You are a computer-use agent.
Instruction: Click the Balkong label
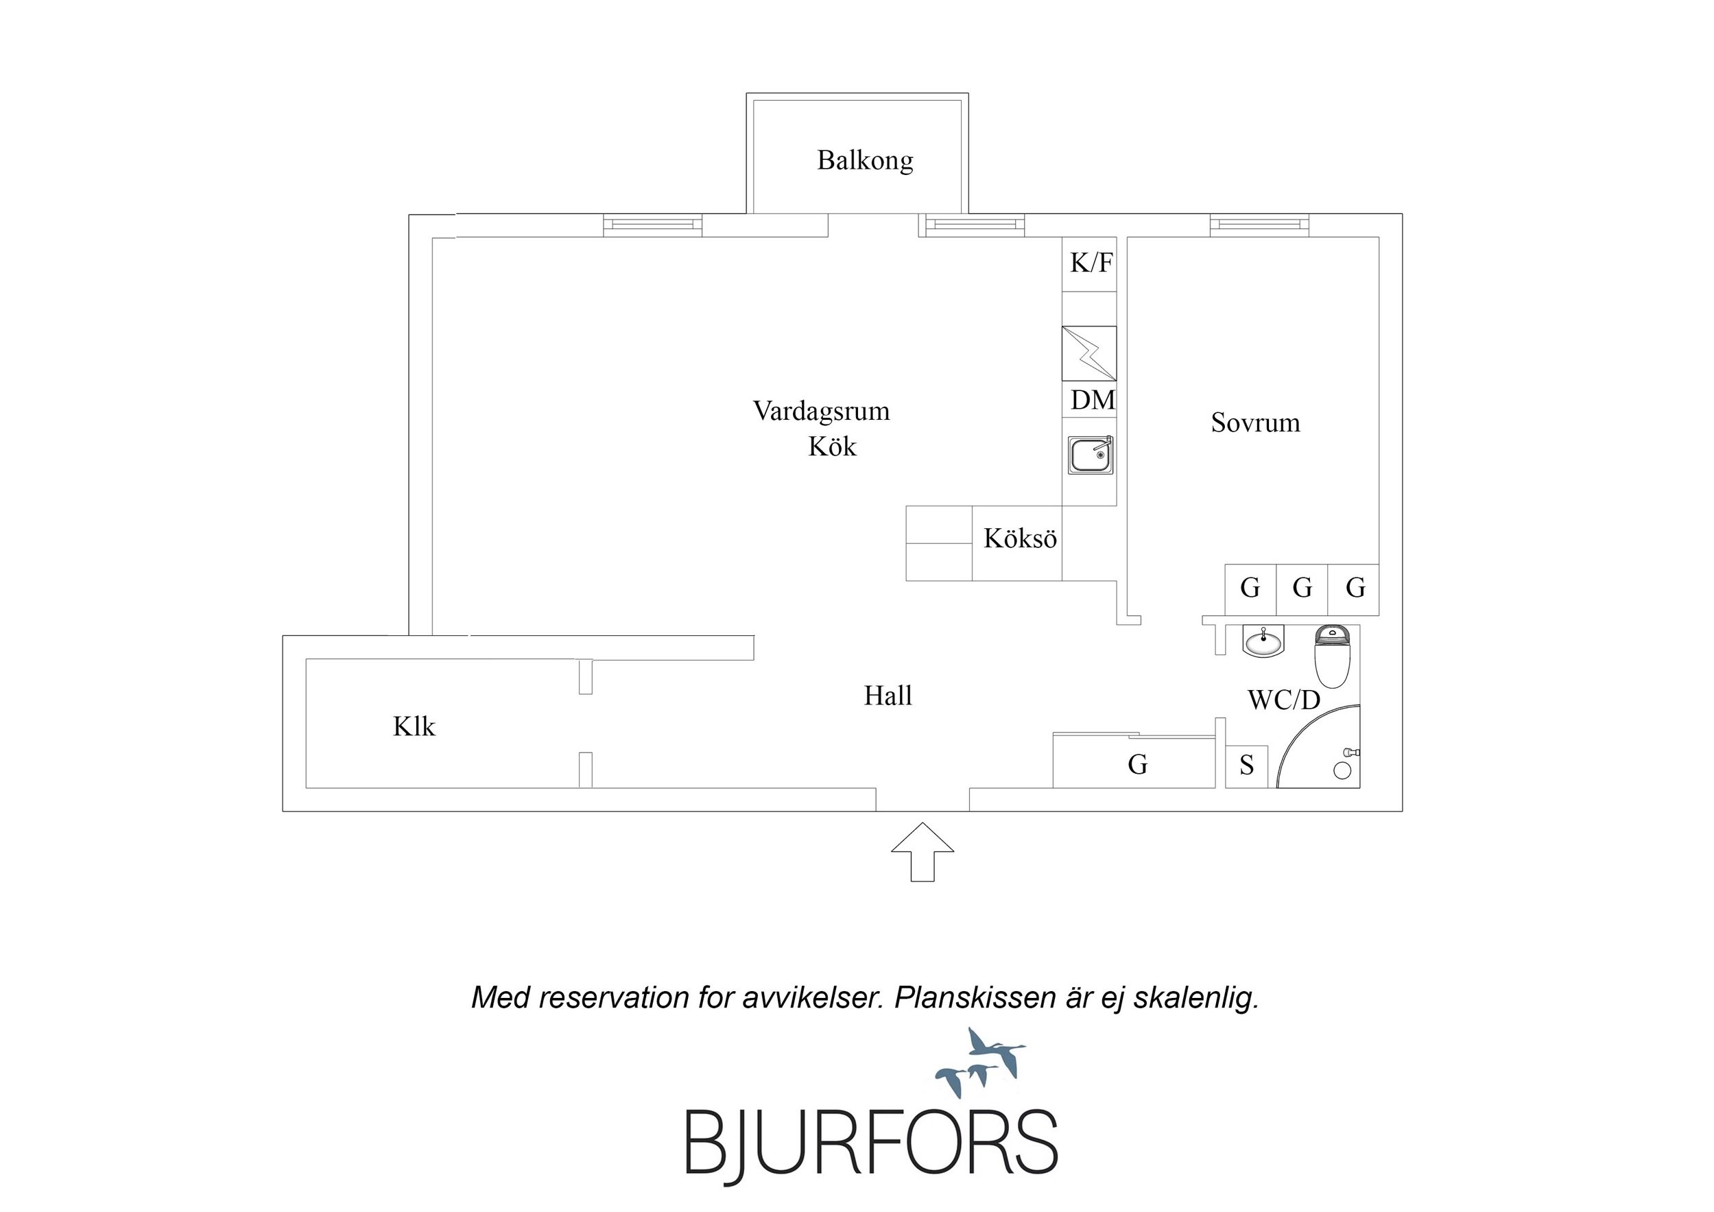point(864,161)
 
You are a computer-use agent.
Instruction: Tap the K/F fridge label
point(1091,263)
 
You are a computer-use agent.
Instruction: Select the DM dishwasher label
point(1093,401)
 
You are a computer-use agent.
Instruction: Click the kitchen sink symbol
point(1090,455)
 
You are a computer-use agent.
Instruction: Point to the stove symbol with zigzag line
point(1089,353)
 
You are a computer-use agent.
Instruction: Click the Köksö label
point(1020,538)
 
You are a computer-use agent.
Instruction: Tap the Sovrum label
point(1255,423)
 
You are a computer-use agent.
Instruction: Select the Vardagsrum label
point(821,411)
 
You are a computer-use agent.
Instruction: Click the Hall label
point(888,696)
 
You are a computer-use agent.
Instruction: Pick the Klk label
point(414,726)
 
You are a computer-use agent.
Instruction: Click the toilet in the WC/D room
point(1333,656)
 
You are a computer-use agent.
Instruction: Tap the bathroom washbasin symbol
point(1263,641)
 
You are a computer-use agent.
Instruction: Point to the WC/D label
point(1284,700)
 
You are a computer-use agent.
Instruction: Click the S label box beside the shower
point(1247,767)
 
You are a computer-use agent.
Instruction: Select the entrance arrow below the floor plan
point(923,852)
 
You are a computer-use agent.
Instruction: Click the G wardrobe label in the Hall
point(1137,765)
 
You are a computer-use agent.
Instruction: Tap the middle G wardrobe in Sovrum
point(1302,589)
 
